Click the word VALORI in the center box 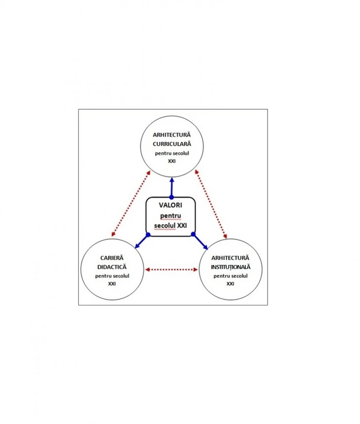point(171,205)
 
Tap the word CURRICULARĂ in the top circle point(172,144)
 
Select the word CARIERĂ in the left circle point(112,258)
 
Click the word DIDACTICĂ point(112,267)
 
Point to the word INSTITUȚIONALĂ point(231,267)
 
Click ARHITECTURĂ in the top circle point(172,135)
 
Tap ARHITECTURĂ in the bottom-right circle point(230,258)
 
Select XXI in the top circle point(172,161)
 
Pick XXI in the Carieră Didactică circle point(112,283)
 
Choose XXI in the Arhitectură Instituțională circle point(230,283)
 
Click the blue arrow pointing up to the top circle point(172,188)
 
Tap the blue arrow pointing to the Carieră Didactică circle point(141,241)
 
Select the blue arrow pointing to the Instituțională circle point(200,241)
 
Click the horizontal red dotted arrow point(172,270)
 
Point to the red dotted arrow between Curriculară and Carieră point(131,204)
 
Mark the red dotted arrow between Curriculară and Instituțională point(211,204)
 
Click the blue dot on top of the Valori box point(172,198)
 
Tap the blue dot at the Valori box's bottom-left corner point(148,235)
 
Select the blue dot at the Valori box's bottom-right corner point(193,234)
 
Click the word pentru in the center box point(171,216)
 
